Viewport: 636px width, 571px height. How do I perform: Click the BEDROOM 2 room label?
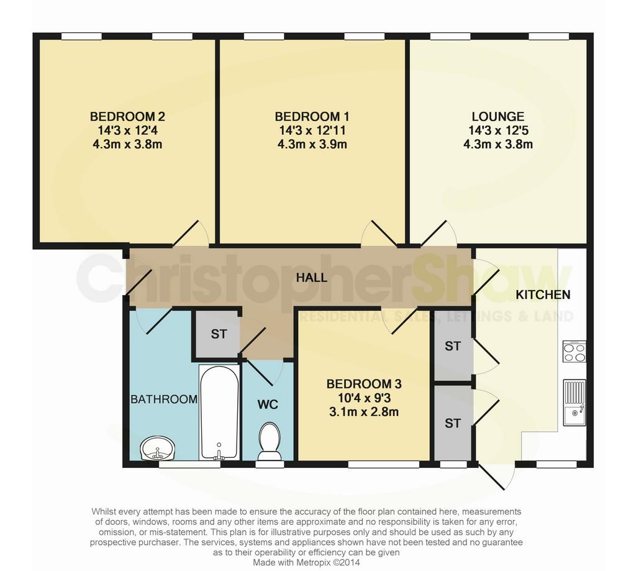127,117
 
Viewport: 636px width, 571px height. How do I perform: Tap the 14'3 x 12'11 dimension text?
312,130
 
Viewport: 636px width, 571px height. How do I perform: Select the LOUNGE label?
497,117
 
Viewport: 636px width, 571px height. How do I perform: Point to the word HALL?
312,278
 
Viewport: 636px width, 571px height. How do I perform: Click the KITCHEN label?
543,295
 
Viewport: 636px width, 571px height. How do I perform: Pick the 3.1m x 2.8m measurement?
364,412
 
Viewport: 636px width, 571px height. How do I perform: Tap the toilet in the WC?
270,442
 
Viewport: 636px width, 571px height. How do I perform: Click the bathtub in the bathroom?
219,413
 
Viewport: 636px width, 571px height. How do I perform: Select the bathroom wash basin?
158,449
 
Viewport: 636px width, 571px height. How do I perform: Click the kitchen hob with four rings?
575,352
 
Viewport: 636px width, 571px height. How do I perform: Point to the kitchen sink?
575,403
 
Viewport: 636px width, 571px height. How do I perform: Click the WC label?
268,404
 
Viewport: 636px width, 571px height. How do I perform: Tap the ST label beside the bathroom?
219,334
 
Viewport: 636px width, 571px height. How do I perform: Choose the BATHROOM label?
164,400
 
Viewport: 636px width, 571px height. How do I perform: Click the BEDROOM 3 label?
364,383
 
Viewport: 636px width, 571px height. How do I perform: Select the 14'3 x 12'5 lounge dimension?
497,130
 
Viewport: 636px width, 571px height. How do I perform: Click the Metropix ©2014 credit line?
306,563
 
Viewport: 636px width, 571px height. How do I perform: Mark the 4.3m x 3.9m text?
312,145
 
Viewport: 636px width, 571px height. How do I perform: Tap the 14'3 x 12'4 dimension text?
127,130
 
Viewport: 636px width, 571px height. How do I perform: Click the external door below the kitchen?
496,477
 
